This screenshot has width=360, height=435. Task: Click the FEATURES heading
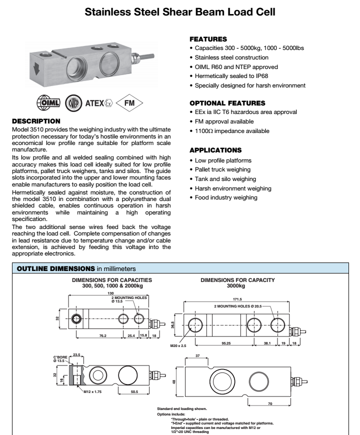click(x=207, y=38)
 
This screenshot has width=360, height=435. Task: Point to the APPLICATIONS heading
click(x=215, y=150)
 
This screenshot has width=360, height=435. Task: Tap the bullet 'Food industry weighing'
click(x=226, y=197)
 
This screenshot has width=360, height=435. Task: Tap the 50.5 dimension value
click(x=133, y=392)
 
